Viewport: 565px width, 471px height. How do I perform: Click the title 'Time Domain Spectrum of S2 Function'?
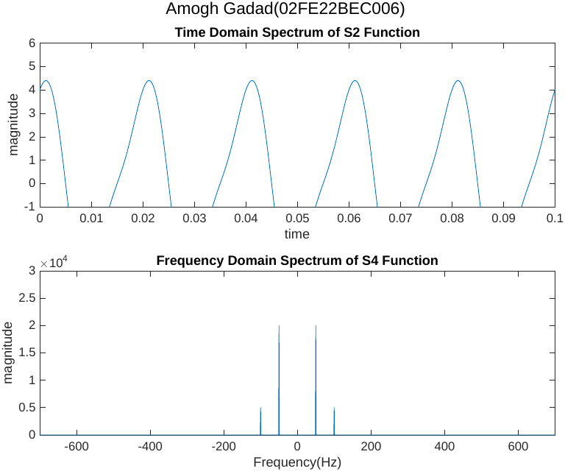[x=297, y=33]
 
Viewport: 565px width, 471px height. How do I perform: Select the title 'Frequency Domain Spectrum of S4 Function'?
[x=297, y=261]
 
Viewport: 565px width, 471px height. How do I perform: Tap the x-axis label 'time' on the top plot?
[x=297, y=234]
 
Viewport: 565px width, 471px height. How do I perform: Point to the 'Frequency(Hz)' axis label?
[x=297, y=463]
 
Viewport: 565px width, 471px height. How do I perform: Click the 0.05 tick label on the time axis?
[x=297, y=219]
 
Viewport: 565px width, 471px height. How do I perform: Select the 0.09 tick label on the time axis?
[x=503, y=219]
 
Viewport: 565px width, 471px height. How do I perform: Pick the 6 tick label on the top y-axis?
[x=32, y=43]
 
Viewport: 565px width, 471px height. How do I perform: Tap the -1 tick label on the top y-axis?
[x=30, y=207]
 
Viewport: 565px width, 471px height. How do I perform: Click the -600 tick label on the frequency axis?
[x=77, y=447]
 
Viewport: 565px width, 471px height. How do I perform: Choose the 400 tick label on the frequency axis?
[x=444, y=447]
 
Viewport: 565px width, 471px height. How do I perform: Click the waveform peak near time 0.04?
[x=252, y=81]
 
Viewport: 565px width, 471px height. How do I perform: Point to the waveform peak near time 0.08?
[x=458, y=81]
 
